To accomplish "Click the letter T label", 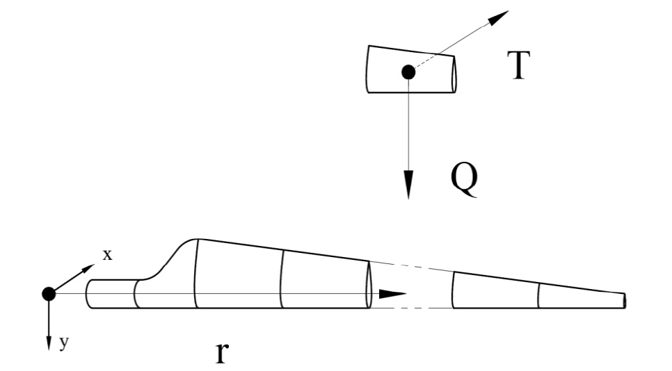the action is coord(518,65).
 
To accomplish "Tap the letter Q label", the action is coord(465,180).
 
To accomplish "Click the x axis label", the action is coord(107,255).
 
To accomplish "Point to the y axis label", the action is coord(64,343).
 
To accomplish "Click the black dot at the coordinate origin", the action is coord(49,294).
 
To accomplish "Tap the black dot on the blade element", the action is coord(408,72).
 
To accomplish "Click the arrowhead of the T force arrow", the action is coord(497,17).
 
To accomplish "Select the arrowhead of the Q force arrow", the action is coord(408,184).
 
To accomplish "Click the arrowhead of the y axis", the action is coord(49,343).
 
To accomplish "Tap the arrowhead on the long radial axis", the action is coord(392,294).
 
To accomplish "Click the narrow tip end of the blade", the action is coord(625,300).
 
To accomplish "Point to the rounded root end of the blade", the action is coord(87,294).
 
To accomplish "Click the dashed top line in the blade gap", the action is coord(411,267).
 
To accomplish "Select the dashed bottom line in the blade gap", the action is coord(411,308).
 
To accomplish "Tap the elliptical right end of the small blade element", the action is coord(454,74).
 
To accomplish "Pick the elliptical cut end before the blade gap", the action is coord(369,285).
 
